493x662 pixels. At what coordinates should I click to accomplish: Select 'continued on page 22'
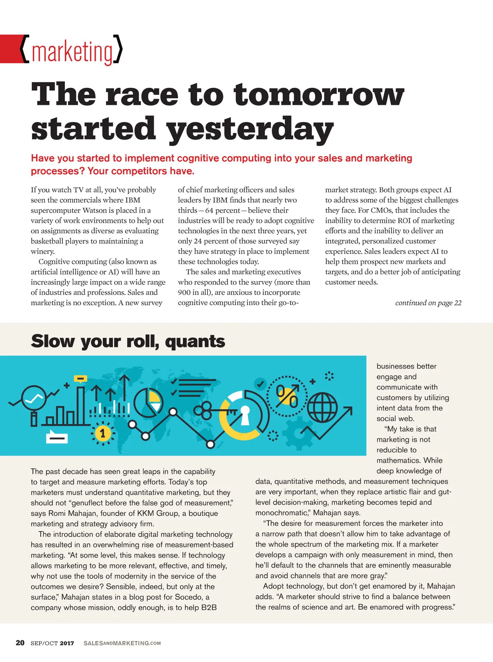coord(428,303)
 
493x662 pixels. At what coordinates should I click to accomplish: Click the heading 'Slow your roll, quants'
coord(128,341)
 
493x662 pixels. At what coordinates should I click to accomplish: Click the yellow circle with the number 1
coord(102,433)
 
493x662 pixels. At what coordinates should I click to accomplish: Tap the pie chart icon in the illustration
coord(148,401)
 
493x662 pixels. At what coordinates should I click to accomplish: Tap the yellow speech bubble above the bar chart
coord(81,378)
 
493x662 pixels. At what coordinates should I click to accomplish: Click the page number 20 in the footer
coord(20,643)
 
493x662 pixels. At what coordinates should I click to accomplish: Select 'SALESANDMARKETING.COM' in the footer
coord(122,643)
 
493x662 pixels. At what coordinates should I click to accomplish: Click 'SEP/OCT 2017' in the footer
coord(52,643)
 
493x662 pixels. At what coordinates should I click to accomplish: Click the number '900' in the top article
coord(184,293)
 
